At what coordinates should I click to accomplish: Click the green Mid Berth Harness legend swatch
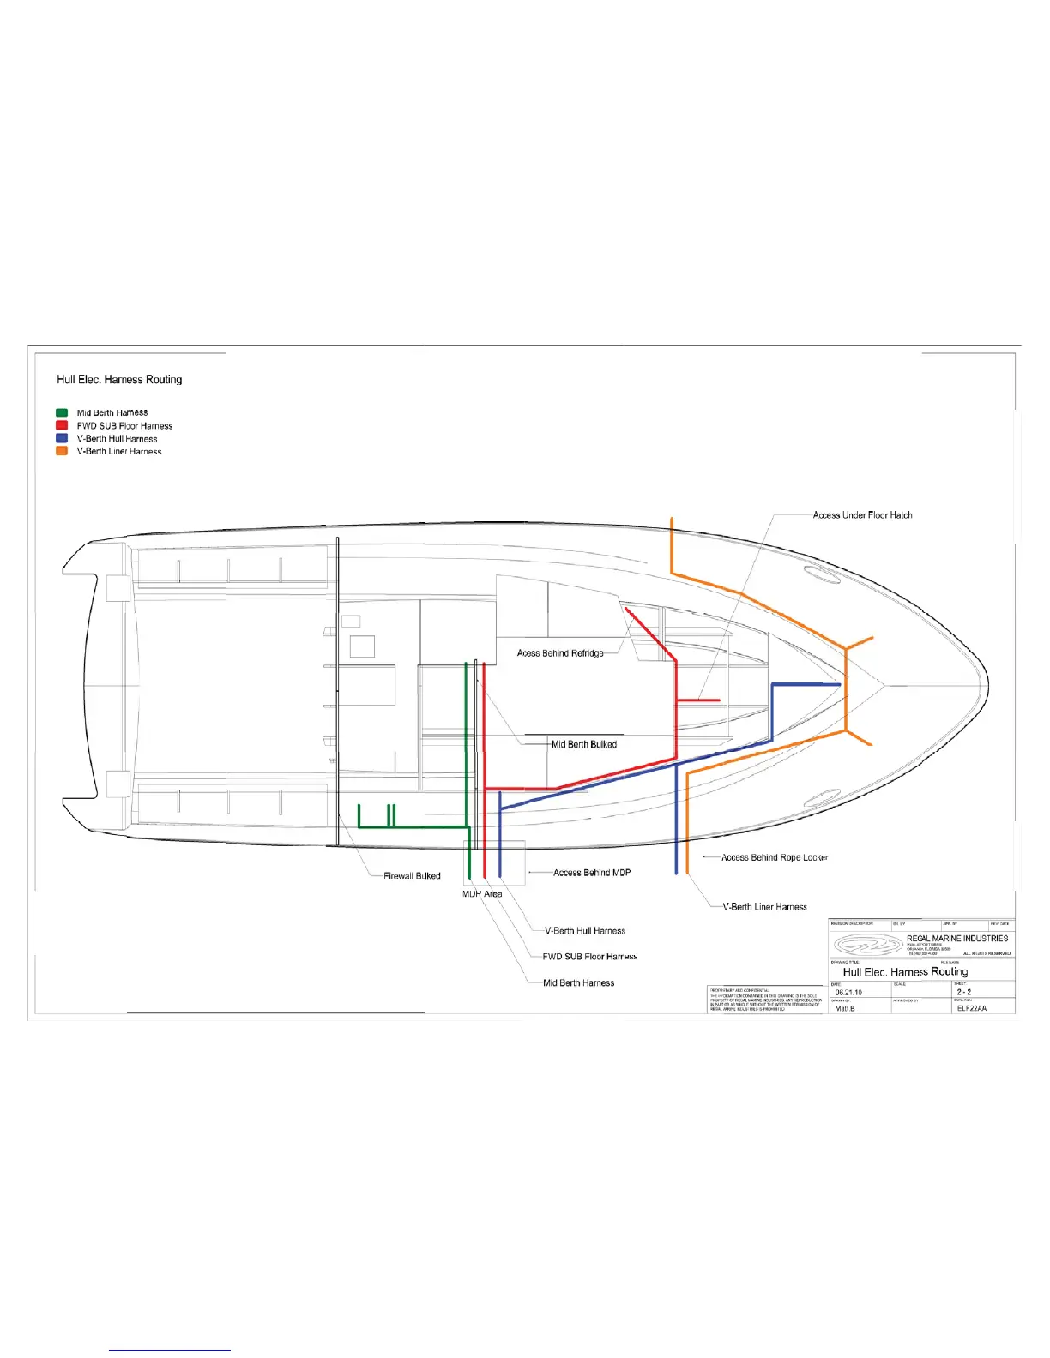(x=62, y=412)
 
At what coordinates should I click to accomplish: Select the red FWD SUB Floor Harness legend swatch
(x=62, y=425)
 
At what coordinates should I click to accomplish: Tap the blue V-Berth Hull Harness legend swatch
(x=62, y=438)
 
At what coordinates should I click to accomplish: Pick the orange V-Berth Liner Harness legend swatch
(x=62, y=451)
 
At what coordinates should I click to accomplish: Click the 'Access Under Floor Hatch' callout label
(x=862, y=515)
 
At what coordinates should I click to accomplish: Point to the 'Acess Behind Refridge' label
(x=560, y=653)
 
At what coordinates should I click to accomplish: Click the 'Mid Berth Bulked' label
(x=583, y=744)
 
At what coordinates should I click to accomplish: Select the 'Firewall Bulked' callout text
(x=412, y=876)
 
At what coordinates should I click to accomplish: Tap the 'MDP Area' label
(x=482, y=894)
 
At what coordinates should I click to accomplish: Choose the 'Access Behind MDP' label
(x=592, y=873)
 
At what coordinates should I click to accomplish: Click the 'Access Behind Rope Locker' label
(x=775, y=857)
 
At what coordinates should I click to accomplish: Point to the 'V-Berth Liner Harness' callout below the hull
(x=764, y=906)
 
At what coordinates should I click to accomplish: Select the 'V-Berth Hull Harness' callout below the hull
(x=585, y=931)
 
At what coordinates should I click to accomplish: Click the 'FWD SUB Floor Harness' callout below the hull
(x=590, y=957)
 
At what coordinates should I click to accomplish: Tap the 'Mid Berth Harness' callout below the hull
(x=579, y=983)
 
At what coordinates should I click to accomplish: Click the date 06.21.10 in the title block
(x=848, y=993)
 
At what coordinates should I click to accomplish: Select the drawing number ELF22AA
(x=972, y=1009)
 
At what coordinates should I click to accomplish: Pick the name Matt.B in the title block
(x=845, y=1009)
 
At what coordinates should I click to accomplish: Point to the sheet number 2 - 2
(x=964, y=992)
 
